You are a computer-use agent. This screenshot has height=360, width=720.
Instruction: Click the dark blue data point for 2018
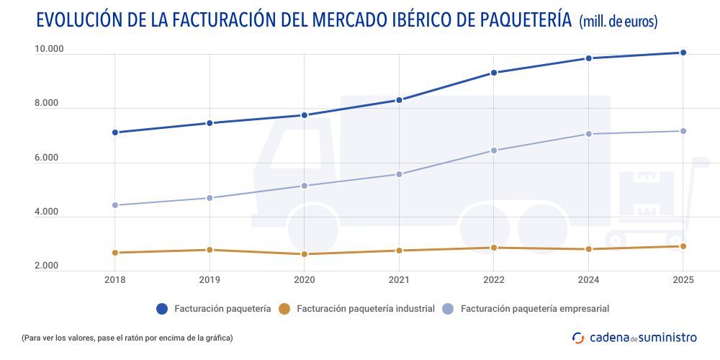[x=114, y=132]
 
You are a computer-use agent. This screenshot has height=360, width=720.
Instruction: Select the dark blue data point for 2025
[x=683, y=53]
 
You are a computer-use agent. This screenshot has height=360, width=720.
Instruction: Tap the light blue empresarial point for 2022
[x=494, y=150]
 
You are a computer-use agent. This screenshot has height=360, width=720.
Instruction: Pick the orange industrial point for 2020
[x=305, y=254]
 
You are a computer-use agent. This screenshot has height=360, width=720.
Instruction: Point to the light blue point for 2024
[x=588, y=134]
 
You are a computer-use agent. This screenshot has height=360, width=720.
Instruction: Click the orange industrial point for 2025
[x=683, y=246]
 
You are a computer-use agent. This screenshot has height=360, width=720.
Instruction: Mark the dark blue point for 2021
[x=399, y=100]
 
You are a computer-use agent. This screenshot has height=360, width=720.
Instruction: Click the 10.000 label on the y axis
[x=50, y=50]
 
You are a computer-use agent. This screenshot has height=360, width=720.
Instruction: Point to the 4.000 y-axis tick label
[x=46, y=212]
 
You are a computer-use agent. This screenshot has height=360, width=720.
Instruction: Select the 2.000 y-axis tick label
[x=46, y=266]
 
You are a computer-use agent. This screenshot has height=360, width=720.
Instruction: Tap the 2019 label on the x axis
[x=210, y=280]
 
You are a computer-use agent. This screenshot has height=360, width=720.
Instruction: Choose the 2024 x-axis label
[x=588, y=280]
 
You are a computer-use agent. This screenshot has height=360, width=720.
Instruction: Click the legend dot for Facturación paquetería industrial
[x=284, y=309]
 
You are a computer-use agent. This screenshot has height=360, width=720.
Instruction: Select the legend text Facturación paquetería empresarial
[x=535, y=309]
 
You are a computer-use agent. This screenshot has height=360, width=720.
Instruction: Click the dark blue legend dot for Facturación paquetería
[x=162, y=309]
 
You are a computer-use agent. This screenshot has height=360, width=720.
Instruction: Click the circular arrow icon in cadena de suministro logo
[x=577, y=337]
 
